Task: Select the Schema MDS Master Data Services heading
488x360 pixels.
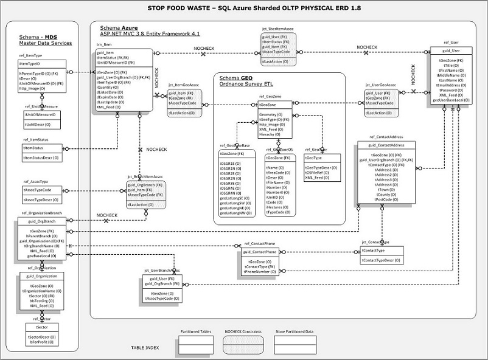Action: tap(46, 40)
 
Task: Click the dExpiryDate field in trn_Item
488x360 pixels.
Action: tap(110, 97)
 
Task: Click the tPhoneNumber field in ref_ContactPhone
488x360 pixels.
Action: tap(260, 271)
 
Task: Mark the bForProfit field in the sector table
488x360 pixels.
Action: tap(40, 342)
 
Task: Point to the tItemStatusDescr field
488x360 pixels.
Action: tap(41, 158)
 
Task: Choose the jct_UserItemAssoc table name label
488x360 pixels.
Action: tap(277, 29)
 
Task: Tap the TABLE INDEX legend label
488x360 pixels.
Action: tap(145, 348)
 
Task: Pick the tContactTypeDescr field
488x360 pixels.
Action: tap(381, 260)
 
